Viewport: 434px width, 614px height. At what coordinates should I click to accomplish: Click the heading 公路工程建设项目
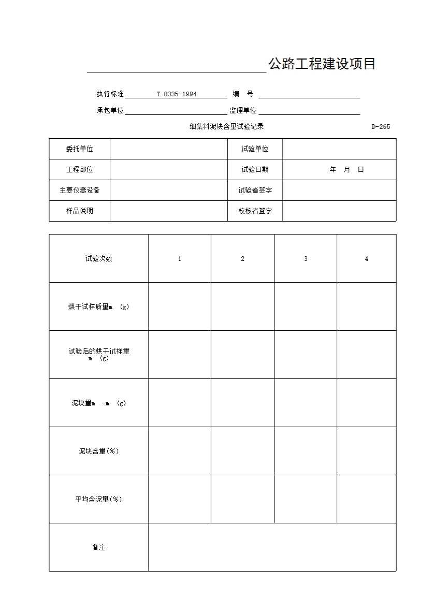coord(322,64)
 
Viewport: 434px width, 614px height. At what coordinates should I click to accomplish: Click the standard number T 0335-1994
coord(177,94)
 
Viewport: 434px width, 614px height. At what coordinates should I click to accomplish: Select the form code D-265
coord(381,127)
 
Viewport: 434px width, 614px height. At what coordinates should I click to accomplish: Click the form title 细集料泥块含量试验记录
coord(226,127)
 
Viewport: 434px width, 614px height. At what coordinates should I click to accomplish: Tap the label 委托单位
coord(79,149)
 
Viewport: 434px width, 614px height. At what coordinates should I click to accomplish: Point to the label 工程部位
coord(79,170)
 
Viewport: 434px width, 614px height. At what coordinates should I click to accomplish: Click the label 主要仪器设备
coord(79,191)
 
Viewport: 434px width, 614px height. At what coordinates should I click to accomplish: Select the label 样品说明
coord(79,211)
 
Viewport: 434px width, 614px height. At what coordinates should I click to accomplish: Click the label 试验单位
coord(255,149)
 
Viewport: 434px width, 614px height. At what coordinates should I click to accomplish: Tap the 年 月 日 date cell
coord(346,170)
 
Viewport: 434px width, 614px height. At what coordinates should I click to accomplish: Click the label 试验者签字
coord(255,191)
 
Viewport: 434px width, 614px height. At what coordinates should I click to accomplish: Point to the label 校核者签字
coord(255,211)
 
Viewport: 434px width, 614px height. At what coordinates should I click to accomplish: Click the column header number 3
coord(306,259)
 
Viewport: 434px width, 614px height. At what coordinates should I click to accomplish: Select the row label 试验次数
coord(98,259)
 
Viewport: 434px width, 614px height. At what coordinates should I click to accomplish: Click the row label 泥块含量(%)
coord(98,451)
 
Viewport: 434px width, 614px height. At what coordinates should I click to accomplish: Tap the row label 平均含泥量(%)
coord(98,500)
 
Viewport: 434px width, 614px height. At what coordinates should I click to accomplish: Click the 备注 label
coord(98,548)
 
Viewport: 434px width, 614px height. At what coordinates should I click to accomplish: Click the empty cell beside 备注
coord(272,548)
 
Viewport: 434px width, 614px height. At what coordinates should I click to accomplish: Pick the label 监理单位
coord(243,111)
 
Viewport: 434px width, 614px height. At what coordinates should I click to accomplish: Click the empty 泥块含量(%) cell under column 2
coord(242,451)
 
